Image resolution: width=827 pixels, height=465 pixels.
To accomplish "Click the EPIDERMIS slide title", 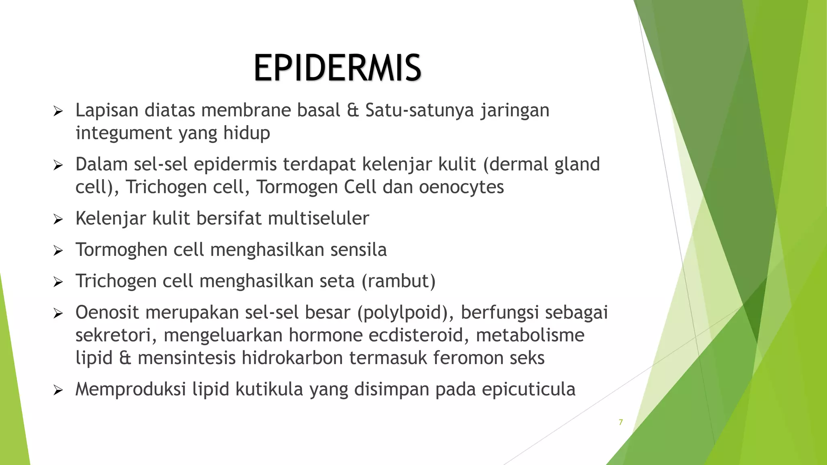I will (x=338, y=68).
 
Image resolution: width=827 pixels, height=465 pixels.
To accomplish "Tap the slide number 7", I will (x=621, y=422).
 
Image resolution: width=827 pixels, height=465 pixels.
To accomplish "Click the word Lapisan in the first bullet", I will (x=107, y=111).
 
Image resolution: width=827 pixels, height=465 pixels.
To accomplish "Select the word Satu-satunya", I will (x=419, y=111).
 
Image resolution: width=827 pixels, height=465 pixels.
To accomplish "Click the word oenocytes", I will (x=461, y=187).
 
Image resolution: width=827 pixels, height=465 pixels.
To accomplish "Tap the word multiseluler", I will (x=318, y=218).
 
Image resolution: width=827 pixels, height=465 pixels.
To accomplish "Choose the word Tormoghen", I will (x=121, y=250).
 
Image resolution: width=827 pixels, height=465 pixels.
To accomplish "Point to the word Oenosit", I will (x=107, y=312).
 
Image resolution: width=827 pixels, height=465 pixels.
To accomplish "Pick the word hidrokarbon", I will (x=292, y=358).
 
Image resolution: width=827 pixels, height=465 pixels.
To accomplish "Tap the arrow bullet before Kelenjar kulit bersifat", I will (x=58, y=220).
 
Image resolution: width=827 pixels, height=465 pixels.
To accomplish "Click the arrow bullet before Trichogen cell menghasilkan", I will (x=58, y=282).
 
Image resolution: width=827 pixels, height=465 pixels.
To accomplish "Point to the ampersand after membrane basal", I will (x=353, y=111).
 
